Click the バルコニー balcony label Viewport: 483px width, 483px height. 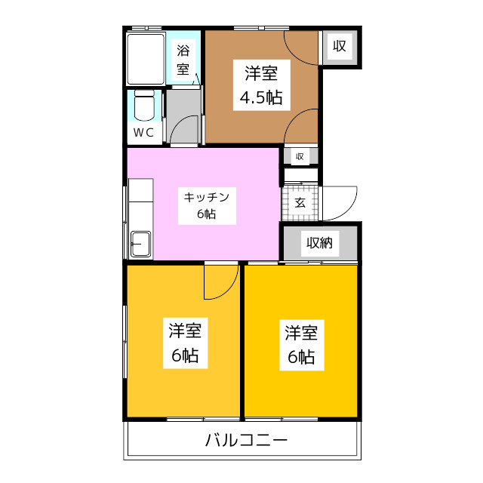point(247,441)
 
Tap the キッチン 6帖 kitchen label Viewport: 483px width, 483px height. point(207,205)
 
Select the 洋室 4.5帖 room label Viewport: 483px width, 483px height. point(261,85)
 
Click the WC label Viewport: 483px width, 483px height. point(143,132)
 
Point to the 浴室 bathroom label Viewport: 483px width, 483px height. point(183,60)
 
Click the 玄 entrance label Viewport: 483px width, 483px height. point(300,202)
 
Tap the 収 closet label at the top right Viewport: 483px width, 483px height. point(340,47)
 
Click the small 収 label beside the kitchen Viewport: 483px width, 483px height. point(300,156)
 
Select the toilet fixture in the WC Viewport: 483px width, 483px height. point(143,106)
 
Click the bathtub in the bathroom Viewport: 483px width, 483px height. point(146,59)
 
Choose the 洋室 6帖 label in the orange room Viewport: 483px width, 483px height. point(184,343)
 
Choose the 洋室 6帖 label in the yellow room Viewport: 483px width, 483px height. point(301,344)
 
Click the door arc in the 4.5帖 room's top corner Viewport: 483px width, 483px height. point(302,45)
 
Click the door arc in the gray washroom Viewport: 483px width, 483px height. point(186,131)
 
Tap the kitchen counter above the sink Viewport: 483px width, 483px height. point(140,204)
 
